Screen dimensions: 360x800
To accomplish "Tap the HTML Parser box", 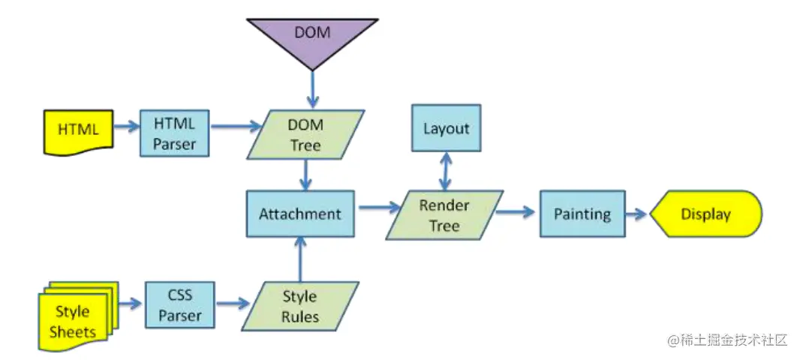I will pyautogui.click(x=174, y=133).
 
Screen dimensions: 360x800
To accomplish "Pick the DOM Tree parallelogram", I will pyautogui.click(x=305, y=135).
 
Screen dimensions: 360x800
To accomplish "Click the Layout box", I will pyautogui.click(x=446, y=128).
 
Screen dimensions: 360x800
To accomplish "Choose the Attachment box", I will pyautogui.click(x=300, y=214).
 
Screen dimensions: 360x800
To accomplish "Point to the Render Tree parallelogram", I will pyautogui.click(x=444, y=214).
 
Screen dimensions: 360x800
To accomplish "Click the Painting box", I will pyautogui.click(x=582, y=214).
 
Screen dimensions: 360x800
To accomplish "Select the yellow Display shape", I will pyautogui.click(x=705, y=214).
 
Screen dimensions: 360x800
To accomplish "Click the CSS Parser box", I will pyautogui.click(x=180, y=305).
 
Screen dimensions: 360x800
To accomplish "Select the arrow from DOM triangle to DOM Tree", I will pyautogui.click(x=311, y=90).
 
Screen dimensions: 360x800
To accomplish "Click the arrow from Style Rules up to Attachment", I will pyautogui.click(x=300, y=258).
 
